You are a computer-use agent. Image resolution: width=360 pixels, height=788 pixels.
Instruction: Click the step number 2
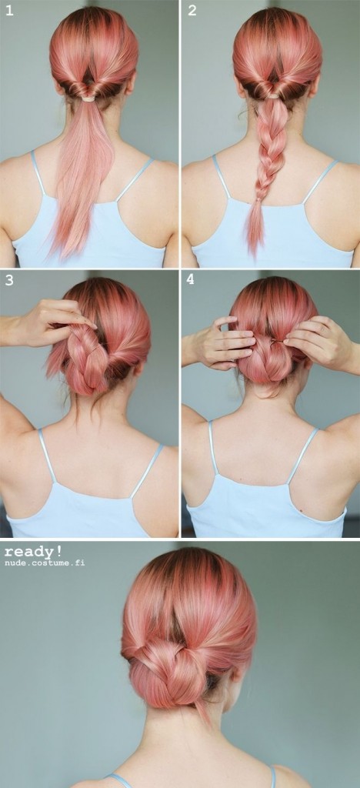192,10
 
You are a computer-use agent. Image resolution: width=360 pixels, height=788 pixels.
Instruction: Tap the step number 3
8,280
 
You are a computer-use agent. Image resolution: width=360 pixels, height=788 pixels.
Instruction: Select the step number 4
190,280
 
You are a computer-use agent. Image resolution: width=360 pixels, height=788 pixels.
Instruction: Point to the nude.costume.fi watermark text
45,563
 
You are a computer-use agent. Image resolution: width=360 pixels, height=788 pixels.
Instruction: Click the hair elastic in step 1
89,98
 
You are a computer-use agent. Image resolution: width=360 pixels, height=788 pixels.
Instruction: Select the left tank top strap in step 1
38,173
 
